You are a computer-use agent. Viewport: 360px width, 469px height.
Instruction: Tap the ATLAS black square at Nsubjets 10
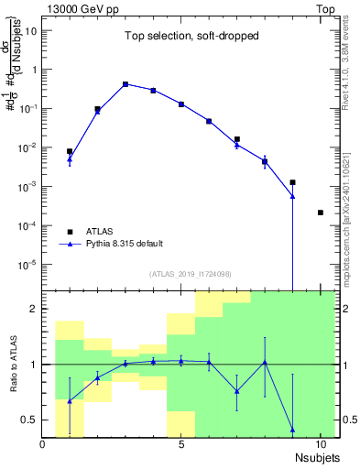(320, 213)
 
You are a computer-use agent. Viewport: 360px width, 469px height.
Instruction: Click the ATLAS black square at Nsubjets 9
(292, 182)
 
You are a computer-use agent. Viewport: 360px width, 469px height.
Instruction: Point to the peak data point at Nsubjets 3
(125, 84)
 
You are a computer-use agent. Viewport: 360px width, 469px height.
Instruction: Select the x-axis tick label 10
(320, 446)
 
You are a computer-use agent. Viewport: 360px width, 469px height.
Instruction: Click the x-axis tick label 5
(181, 446)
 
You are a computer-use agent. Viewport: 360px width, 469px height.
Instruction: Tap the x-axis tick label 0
(43, 446)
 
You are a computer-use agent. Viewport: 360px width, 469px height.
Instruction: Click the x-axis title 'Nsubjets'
(317, 458)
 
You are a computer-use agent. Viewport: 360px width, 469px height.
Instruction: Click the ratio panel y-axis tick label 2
(33, 309)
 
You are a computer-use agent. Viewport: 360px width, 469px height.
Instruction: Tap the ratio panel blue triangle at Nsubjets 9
(292, 429)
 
